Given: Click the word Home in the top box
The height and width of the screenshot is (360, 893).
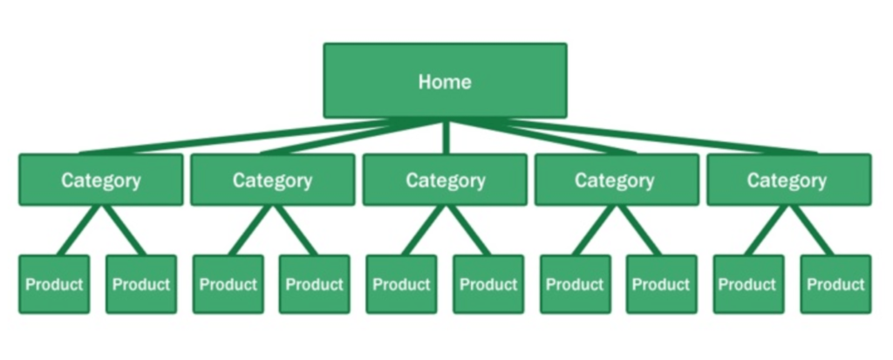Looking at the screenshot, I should point(445,82).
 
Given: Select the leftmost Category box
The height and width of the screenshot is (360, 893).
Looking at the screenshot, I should point(100,180).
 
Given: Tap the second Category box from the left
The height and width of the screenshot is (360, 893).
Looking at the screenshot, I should point(272,180).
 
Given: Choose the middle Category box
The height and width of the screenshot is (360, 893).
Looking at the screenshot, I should point(445,180).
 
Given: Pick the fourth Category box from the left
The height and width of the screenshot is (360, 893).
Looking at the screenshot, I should point(616,180).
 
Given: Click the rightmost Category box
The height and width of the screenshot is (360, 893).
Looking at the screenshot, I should point(787,180).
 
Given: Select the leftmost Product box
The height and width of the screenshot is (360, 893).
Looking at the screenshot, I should point(54,284).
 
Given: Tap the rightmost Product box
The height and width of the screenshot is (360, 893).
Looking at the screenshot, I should point(835,284).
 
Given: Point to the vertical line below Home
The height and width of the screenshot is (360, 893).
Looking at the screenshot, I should point(446,137).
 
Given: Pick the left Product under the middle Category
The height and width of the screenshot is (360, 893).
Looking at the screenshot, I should point(401,284).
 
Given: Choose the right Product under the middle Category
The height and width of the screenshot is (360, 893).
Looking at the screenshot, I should point(488,284).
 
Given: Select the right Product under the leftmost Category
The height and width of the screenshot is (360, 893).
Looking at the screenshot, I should point(140,284).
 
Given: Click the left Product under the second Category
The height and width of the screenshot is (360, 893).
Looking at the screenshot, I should point(228,284).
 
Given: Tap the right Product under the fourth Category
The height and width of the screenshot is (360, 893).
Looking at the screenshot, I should point(661,284).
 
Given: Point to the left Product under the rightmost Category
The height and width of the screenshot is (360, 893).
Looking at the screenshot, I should point(747,284).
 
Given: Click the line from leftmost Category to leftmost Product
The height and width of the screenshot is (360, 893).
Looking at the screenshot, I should point(80,230).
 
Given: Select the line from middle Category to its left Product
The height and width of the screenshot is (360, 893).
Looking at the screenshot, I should point(425,230).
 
